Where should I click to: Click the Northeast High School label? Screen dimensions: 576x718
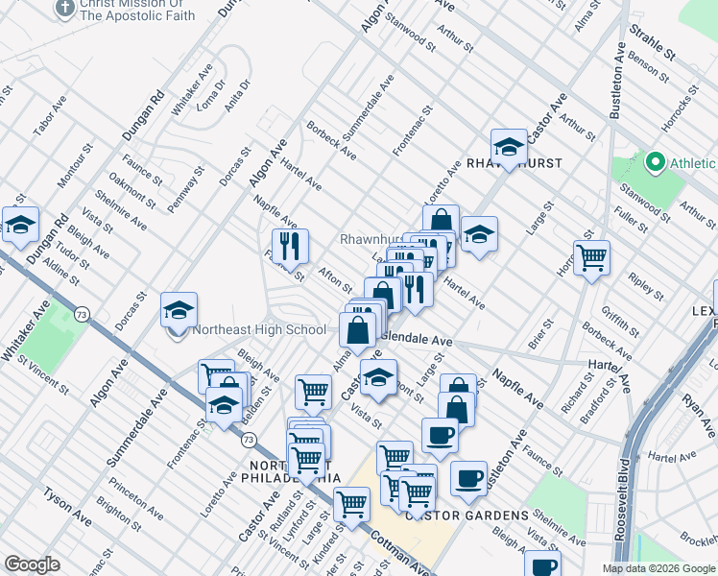(x=259, y=330)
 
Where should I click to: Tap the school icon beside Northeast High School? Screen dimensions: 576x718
(x=179, y=312)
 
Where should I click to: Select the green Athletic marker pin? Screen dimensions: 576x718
(x=656, y=161)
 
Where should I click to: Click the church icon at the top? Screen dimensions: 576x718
(x=64, y=10)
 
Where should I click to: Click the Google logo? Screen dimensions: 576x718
(x=32, y=564)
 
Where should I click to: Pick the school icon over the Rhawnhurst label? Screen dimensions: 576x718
(x=508, y=148)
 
